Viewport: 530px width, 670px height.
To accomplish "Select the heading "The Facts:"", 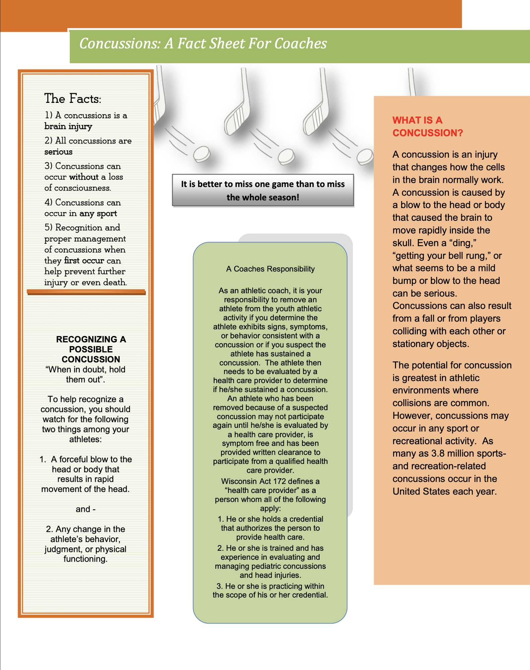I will (73, 98).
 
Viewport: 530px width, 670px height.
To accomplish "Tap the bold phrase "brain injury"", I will (68, 126).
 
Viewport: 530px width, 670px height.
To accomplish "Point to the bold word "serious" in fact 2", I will (58, 152).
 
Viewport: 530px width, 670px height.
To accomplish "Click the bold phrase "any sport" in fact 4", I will (98, 213).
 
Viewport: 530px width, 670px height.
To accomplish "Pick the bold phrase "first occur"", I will (84, 261).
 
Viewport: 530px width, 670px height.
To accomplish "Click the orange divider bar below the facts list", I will (86, 292).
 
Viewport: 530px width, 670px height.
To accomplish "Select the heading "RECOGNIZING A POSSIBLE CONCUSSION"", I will (91, 349).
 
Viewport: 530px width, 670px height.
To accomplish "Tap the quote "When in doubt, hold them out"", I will (85, 374).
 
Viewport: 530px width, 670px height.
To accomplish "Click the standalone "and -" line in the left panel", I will (85, 509).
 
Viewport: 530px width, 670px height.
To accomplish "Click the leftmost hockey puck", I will (202, 154).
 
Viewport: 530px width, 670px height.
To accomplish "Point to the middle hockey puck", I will (286, 156).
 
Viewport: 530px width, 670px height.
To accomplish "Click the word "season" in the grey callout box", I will (284, 197).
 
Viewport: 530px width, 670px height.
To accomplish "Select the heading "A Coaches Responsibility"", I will (270, 269).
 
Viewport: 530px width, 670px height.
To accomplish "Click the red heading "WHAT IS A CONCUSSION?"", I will (427, 127).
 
